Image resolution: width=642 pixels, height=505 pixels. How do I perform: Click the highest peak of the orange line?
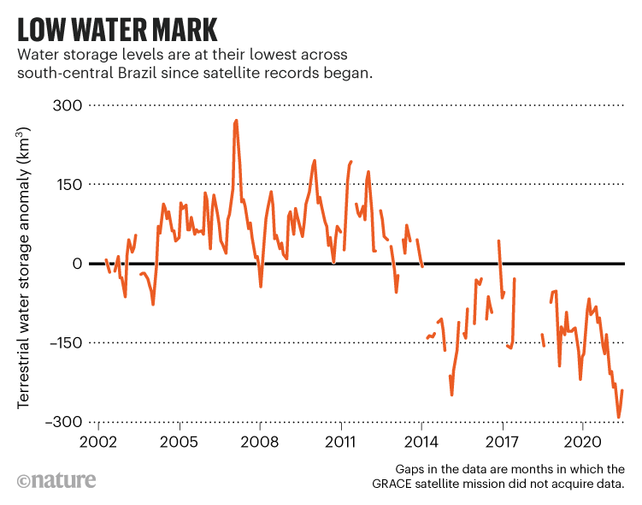(236, 121)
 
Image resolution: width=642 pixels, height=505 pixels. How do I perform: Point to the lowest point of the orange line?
(619, 418)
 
